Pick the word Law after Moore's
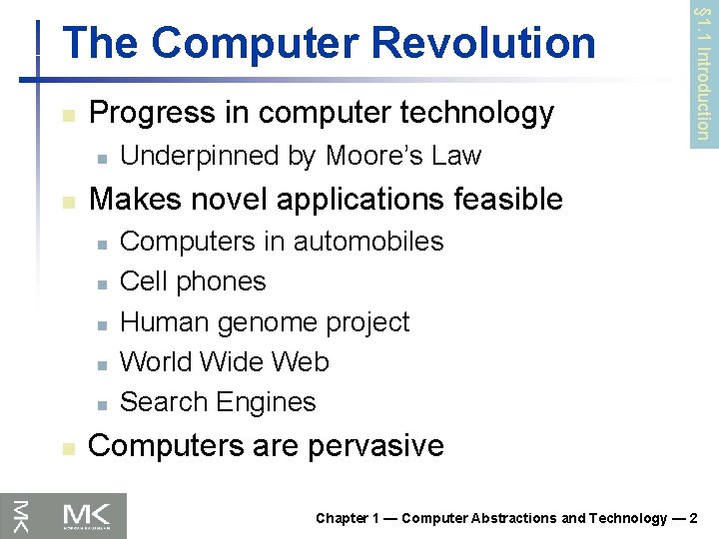[458, 156]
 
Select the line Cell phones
[193, 281]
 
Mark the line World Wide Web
[224, 361]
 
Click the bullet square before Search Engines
[102, 404]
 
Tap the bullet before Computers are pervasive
[67, 448]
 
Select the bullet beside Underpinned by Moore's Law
[102, 158]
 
